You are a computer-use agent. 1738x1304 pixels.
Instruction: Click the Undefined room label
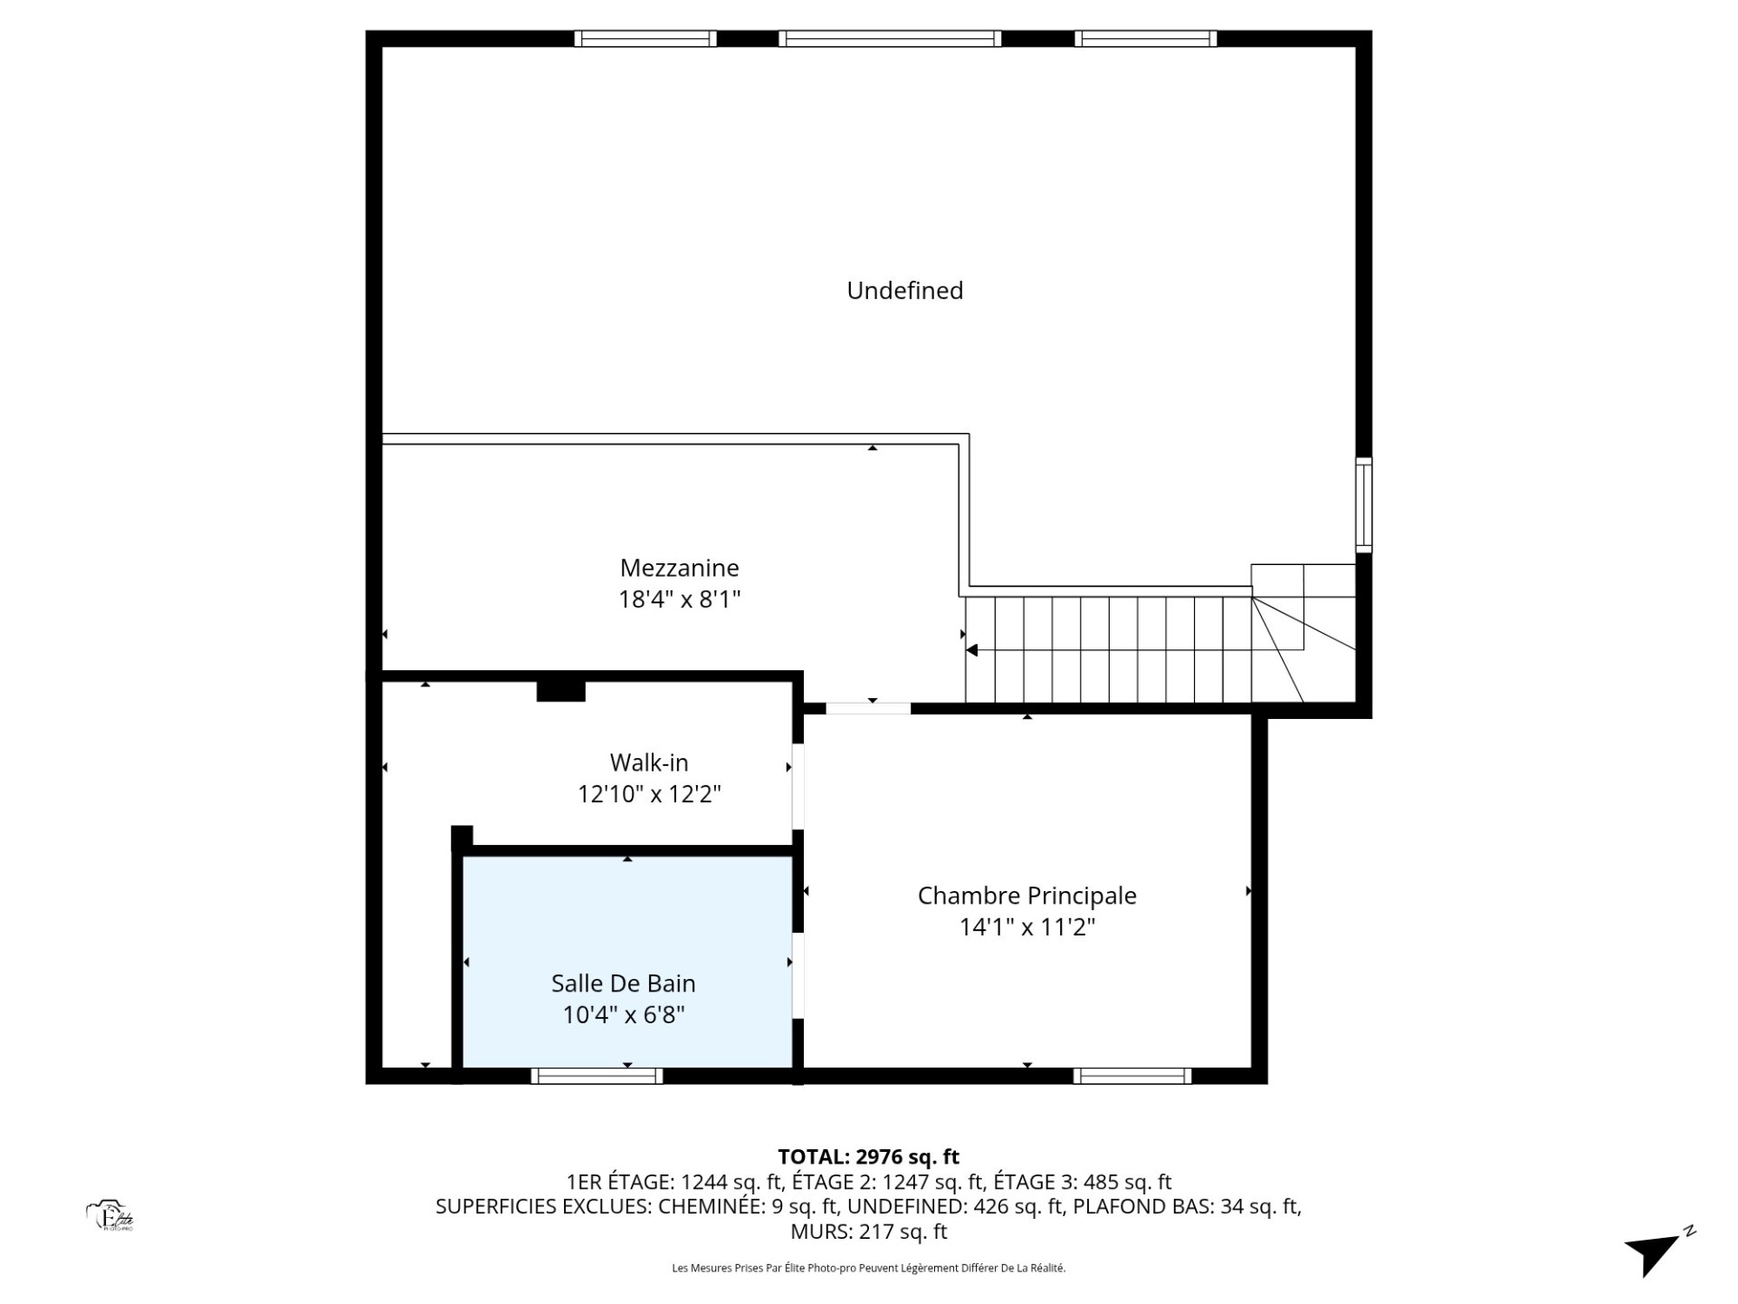[904, 291]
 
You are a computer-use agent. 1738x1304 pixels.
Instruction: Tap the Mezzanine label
[679, 568]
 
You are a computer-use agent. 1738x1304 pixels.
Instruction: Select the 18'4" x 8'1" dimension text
[679, 599]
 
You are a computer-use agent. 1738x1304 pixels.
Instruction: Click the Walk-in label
[648, 762]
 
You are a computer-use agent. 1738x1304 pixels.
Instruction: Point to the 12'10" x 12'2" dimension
[649, 794]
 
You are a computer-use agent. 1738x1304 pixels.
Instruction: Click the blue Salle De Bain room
[627, 962]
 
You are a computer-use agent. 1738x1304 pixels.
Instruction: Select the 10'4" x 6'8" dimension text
[624, 1015]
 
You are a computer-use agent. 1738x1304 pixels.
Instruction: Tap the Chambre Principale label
[1027, 896]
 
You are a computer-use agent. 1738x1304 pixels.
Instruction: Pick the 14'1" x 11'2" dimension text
[1027, 927]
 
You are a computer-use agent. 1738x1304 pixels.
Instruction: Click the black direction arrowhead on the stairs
[971, 650]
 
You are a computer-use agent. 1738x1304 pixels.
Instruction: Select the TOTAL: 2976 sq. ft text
[868, 1156]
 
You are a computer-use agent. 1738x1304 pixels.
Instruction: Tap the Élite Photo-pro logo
[110, 1216]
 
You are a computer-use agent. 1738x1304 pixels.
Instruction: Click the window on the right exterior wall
[1363, 505]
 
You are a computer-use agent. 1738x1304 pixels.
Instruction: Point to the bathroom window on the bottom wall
[597, 1076]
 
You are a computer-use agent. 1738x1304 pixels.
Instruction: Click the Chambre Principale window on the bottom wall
[1132, 1076]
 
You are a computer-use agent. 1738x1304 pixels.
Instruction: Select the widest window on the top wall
[890, 38]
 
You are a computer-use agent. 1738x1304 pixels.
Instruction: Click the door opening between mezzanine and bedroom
[868, 708]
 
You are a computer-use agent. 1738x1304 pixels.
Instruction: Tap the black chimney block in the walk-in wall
[561, 691]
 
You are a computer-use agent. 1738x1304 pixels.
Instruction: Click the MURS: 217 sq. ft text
[868, 1232]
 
